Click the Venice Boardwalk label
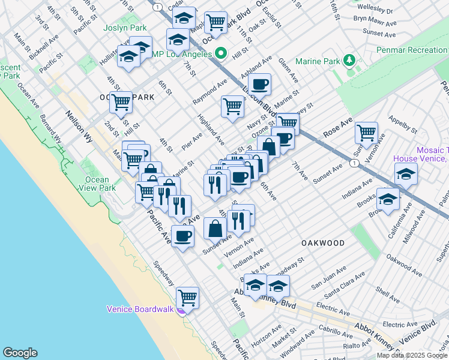click(140, 309)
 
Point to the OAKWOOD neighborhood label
click(323, 243)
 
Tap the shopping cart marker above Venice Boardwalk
click(188, 297)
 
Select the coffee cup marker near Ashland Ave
click(260, 84)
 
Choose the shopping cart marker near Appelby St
click(366, 132)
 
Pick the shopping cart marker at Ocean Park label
click(121, 103)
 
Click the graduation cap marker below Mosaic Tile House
click(406, 174)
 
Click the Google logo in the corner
click(20, 353)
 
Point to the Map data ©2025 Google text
click(411, 355)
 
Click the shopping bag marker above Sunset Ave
click(215, 228)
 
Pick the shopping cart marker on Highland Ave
click(232, 107)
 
